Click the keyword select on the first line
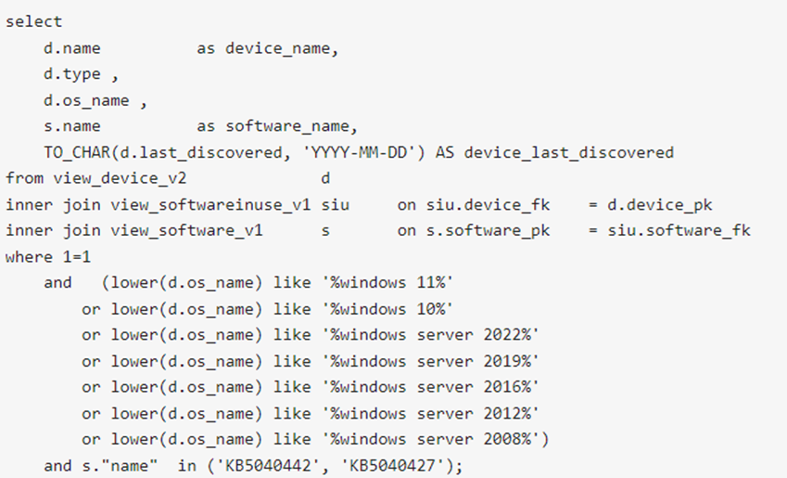point(33,21)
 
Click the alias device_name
point(277,48)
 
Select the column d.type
point(71,74)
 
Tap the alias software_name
point(287,126)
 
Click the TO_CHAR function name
point(77,152)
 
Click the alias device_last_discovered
point(568,152)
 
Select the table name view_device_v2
point(120,178)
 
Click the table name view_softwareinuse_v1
point(210,204)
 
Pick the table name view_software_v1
point(186,231)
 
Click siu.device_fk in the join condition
point(488,204)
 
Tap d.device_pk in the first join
point(659,204)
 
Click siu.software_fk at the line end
point(679,231)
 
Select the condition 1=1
point(77,257)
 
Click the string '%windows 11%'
point(387,282)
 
